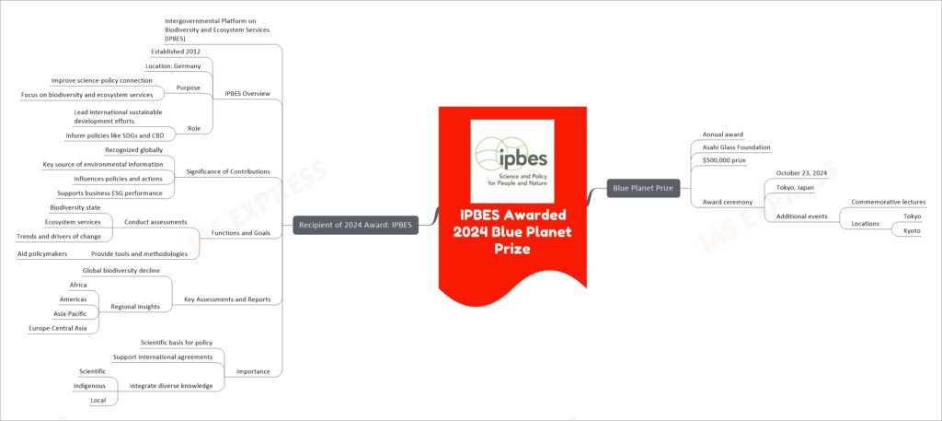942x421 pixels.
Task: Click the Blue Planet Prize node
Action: (643, 188)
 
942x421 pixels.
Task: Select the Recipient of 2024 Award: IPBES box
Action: (355, 226)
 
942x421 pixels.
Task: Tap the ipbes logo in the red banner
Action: (511, 160)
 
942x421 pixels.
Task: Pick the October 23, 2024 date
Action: (802, 173)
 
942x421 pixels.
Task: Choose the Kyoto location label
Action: (912, 230)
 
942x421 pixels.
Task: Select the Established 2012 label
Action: (175, 51)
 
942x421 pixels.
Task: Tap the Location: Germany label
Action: (174, 65)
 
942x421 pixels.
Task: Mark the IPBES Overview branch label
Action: (247, 94)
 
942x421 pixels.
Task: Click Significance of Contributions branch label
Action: (227, 171)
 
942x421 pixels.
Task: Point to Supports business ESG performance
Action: (109, 193)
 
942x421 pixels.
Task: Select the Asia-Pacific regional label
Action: (70, 313)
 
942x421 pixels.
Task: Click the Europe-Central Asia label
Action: (58, 328)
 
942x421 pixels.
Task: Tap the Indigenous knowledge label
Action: (89, 385)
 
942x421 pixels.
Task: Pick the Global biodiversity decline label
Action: (121, 271)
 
